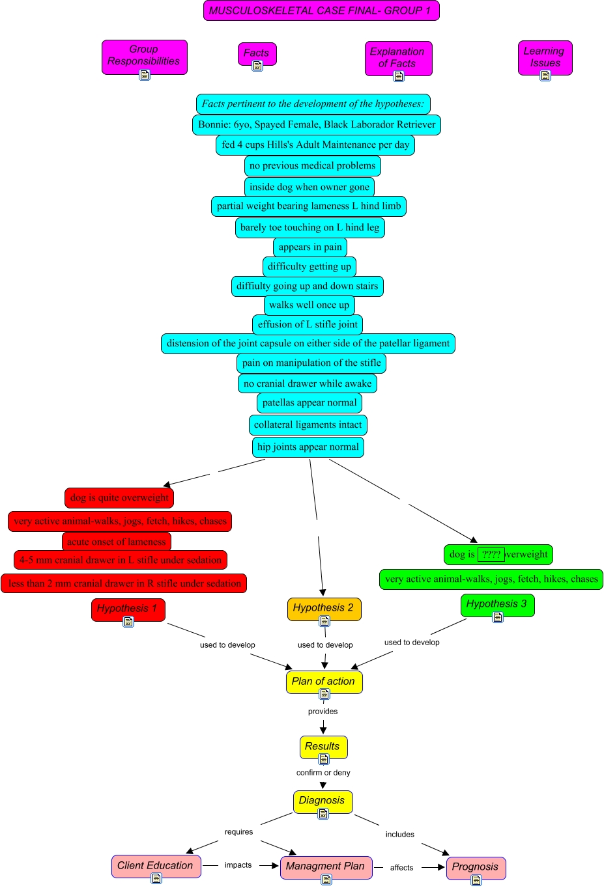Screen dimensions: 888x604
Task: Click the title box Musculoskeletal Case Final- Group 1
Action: (x=321, y=10)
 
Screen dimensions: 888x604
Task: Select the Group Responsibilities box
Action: (x=144, y=55)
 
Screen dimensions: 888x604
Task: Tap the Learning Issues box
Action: (x=545, y=57)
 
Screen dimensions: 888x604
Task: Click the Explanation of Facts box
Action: (x=397, y=57)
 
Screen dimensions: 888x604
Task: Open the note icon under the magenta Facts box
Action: (x=257, y=66)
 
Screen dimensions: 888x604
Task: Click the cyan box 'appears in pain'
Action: (x=310, y=247)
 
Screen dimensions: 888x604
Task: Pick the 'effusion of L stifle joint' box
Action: (x=308, y=324)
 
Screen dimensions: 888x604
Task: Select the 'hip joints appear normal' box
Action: (x=308, y=447)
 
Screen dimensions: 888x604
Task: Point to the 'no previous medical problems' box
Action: (x=312, y=166)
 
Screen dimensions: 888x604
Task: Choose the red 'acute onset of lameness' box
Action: (x=117, y=542)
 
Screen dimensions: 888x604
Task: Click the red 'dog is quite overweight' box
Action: (x=119, y=497)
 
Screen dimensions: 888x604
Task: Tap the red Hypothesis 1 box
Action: (x=128, y=608)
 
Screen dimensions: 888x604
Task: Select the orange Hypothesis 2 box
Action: (x=323, y=607)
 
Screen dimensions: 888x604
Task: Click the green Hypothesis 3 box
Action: (x=497, y=604)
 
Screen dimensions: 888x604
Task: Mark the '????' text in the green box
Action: (x=491, y=555)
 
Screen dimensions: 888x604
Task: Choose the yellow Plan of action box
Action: (x=323, y=681)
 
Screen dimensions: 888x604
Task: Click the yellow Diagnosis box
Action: (x=322, y=800)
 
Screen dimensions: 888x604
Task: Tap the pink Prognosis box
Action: (x=475, y=867)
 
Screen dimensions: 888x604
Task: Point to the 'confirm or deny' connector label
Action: (x=323, y=773)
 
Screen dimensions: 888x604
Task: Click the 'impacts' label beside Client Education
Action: (x=238, y=865)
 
